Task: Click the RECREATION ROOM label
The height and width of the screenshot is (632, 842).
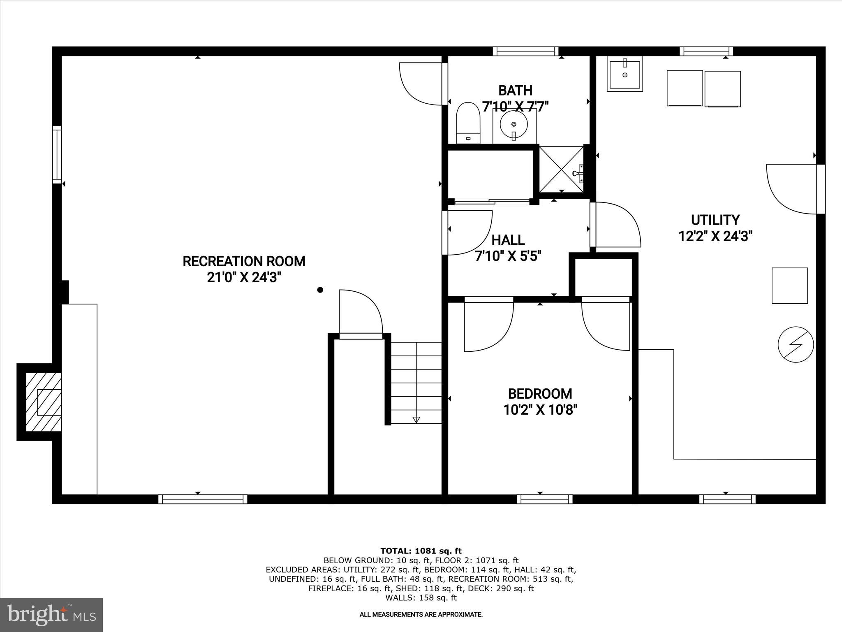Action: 244,261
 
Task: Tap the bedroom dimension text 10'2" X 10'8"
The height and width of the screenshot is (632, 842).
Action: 540,410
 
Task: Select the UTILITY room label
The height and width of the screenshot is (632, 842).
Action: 715,220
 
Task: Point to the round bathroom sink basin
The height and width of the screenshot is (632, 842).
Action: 514,124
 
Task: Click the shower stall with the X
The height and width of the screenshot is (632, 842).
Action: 561,169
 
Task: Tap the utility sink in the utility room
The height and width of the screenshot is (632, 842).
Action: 625,74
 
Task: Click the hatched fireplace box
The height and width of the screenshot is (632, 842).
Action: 44,402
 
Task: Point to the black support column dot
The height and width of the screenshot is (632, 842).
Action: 320,290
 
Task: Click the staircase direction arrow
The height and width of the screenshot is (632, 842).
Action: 416,420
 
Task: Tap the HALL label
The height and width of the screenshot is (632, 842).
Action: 508,240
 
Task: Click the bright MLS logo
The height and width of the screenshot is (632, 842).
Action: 51,615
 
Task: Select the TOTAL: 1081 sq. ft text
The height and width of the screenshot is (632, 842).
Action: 421,551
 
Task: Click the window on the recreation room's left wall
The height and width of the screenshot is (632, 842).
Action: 57,155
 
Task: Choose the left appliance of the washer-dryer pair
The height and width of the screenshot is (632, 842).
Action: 685,88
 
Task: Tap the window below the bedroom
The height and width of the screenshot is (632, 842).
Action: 544,499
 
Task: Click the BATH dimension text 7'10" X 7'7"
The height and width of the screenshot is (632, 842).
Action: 516,107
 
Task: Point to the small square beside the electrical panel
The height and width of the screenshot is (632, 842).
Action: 789,286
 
